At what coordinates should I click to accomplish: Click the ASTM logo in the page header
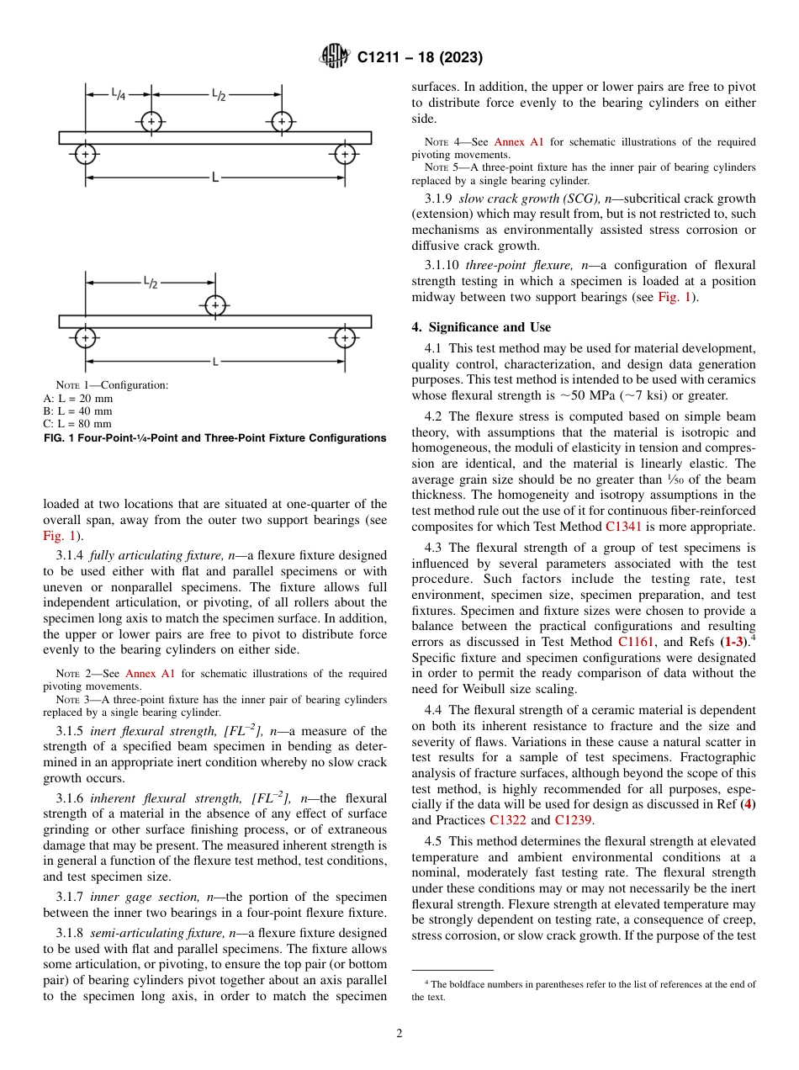[x=336, y=57]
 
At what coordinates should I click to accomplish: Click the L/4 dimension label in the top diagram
[x=119, y=95]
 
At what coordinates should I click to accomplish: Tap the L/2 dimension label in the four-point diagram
[x=217, y=95]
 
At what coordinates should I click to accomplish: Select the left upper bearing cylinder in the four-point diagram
[x=151, y=121]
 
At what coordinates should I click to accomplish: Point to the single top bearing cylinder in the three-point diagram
[x=216, y=305]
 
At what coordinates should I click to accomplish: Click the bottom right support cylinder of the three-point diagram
[x=345, y=338]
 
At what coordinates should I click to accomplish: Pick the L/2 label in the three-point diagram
[x=150, y=283]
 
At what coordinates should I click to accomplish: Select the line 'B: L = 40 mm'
[x=77, y=411]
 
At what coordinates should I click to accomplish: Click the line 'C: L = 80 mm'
[x=77, y=424]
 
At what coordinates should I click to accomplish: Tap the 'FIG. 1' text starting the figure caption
[x=58, y=438]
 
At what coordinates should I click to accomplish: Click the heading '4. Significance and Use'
[x=481, y=327]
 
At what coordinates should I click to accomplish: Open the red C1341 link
[x=622, y=527]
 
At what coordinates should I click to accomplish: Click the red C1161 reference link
[x=635, y=642]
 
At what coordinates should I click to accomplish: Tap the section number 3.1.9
[x=439, y=199]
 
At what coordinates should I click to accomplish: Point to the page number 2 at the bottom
[x=399, y=1034]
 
